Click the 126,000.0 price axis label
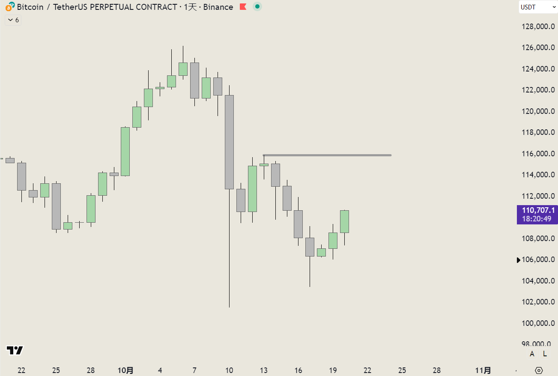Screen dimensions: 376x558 (538, 48)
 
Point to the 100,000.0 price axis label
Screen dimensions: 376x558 (538, 323)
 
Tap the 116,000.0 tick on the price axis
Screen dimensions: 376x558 (538, 154)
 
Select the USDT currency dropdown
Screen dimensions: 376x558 (538, 7)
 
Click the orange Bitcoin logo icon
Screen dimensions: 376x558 (9, 6)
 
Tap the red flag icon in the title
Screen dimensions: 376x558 (243, 7)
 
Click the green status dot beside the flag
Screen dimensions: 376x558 (257, 7)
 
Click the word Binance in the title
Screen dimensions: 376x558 (218, 7)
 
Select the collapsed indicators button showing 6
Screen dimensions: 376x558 (13, 20)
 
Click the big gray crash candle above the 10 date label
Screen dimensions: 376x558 (230, 142)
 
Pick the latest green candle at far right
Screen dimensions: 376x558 (344, 221)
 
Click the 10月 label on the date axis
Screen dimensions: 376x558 (125, 370)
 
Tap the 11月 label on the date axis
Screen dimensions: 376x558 (483, 370)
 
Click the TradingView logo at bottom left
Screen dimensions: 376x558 (15, 350)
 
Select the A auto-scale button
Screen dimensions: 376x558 (532, 354)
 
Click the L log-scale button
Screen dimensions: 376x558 (545, 354)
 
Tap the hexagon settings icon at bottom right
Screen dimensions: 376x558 (539, 370)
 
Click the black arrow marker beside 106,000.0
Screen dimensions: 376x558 (519, 260)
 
